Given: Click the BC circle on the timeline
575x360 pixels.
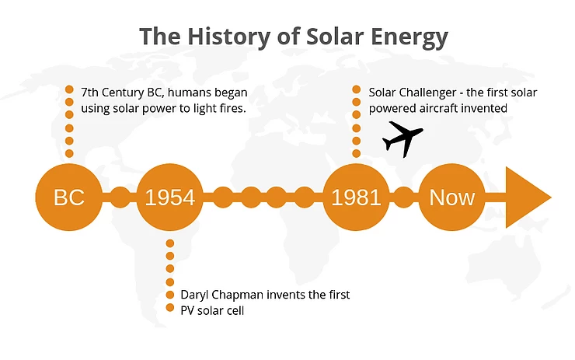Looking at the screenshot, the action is (x=69, y=197).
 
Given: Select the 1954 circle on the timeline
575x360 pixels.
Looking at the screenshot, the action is (x=169, y=197).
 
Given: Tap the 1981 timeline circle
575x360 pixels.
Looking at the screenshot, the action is (x=356, y=197).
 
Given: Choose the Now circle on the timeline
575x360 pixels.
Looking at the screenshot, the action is (x=451, y=197).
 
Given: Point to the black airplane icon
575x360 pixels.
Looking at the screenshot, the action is (x=402, y=138).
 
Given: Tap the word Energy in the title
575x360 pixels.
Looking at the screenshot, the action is (x=409, y=37).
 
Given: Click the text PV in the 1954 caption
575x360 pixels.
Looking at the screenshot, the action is (x=187, y=311).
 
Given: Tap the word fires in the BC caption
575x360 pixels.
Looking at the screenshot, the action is (x=234, y=108).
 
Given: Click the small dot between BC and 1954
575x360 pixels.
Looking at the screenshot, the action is (x=120, y=197).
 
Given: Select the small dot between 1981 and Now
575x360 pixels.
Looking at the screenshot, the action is (x=404, y=197).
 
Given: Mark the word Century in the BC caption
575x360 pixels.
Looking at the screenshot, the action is (x=123, y=93).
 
